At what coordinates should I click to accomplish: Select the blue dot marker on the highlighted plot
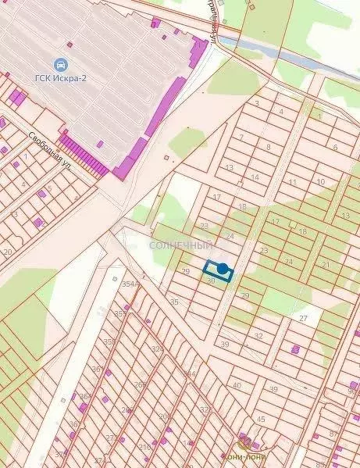[x=223, y=270]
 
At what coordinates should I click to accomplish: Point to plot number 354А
[x=130, y=284]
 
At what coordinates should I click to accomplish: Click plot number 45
[x=261, y=419]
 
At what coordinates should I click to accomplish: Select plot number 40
[x=237, y=384]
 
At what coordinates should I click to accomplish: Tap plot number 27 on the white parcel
[x=304, y=319]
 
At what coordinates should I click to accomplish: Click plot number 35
[x=174, y=302]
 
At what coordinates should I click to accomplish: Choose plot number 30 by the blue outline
[x=211, y=280]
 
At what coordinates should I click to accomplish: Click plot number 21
[x=325, y=266]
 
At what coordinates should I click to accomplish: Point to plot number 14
[x=255, y=178]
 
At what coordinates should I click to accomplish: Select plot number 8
[x=268, y=146]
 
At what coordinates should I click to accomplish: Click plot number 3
[x=256, y=103]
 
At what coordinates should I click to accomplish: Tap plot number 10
[x=320, y=181]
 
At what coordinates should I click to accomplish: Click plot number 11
[x=292, y=182]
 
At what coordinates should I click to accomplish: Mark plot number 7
[x=241, y=137]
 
